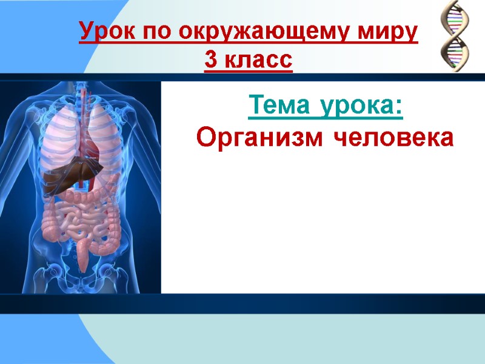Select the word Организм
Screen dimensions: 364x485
click(x=262, y=138)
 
